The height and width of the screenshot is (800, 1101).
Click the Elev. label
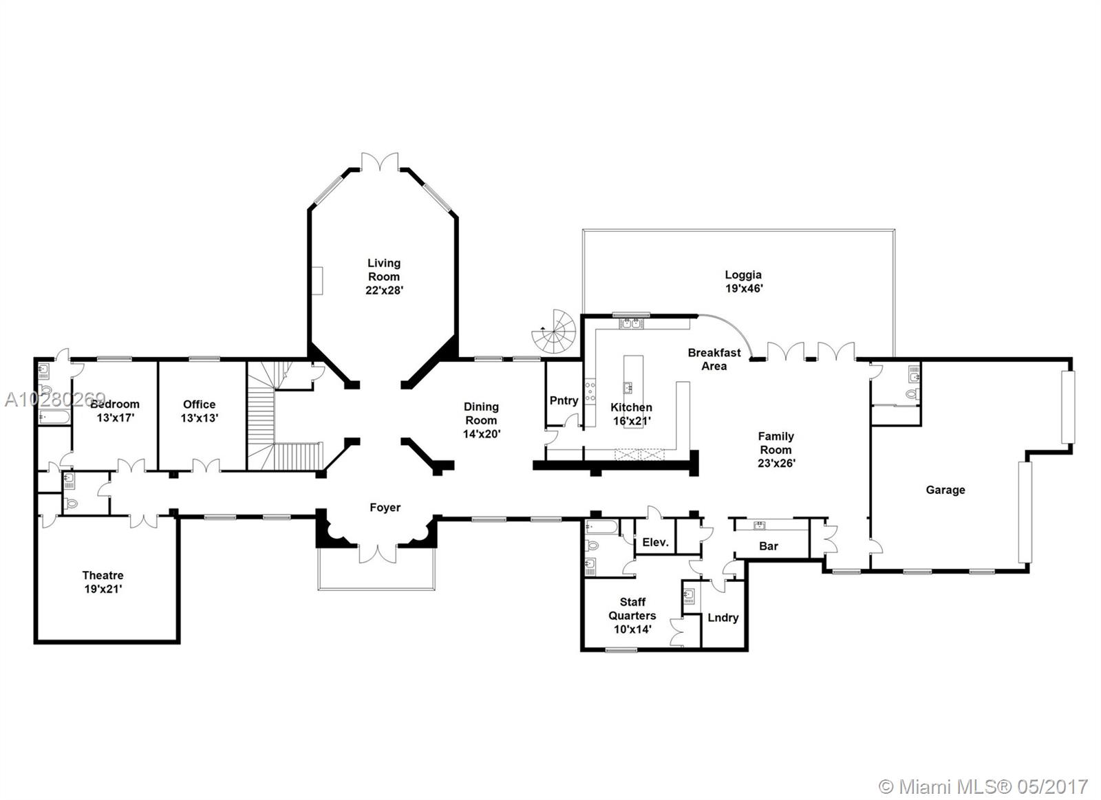coord(655,542)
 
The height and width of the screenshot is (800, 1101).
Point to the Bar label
coord(769,545)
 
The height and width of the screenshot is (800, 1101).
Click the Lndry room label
coord(723,617)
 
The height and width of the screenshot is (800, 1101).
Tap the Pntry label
coord(564,400)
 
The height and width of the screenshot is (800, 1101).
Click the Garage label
coord(945,490)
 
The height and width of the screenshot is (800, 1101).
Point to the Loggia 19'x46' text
coord(743,282)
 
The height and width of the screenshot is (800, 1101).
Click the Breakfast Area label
coord(714,359)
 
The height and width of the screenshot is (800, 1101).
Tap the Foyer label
coord(385,508)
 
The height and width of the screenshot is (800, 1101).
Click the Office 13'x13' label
coord(199,411)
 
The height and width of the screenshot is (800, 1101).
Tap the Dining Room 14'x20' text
coord(481,420)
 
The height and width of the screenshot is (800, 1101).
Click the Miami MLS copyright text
coord(983,786)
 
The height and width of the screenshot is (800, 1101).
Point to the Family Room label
coord(776,449)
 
